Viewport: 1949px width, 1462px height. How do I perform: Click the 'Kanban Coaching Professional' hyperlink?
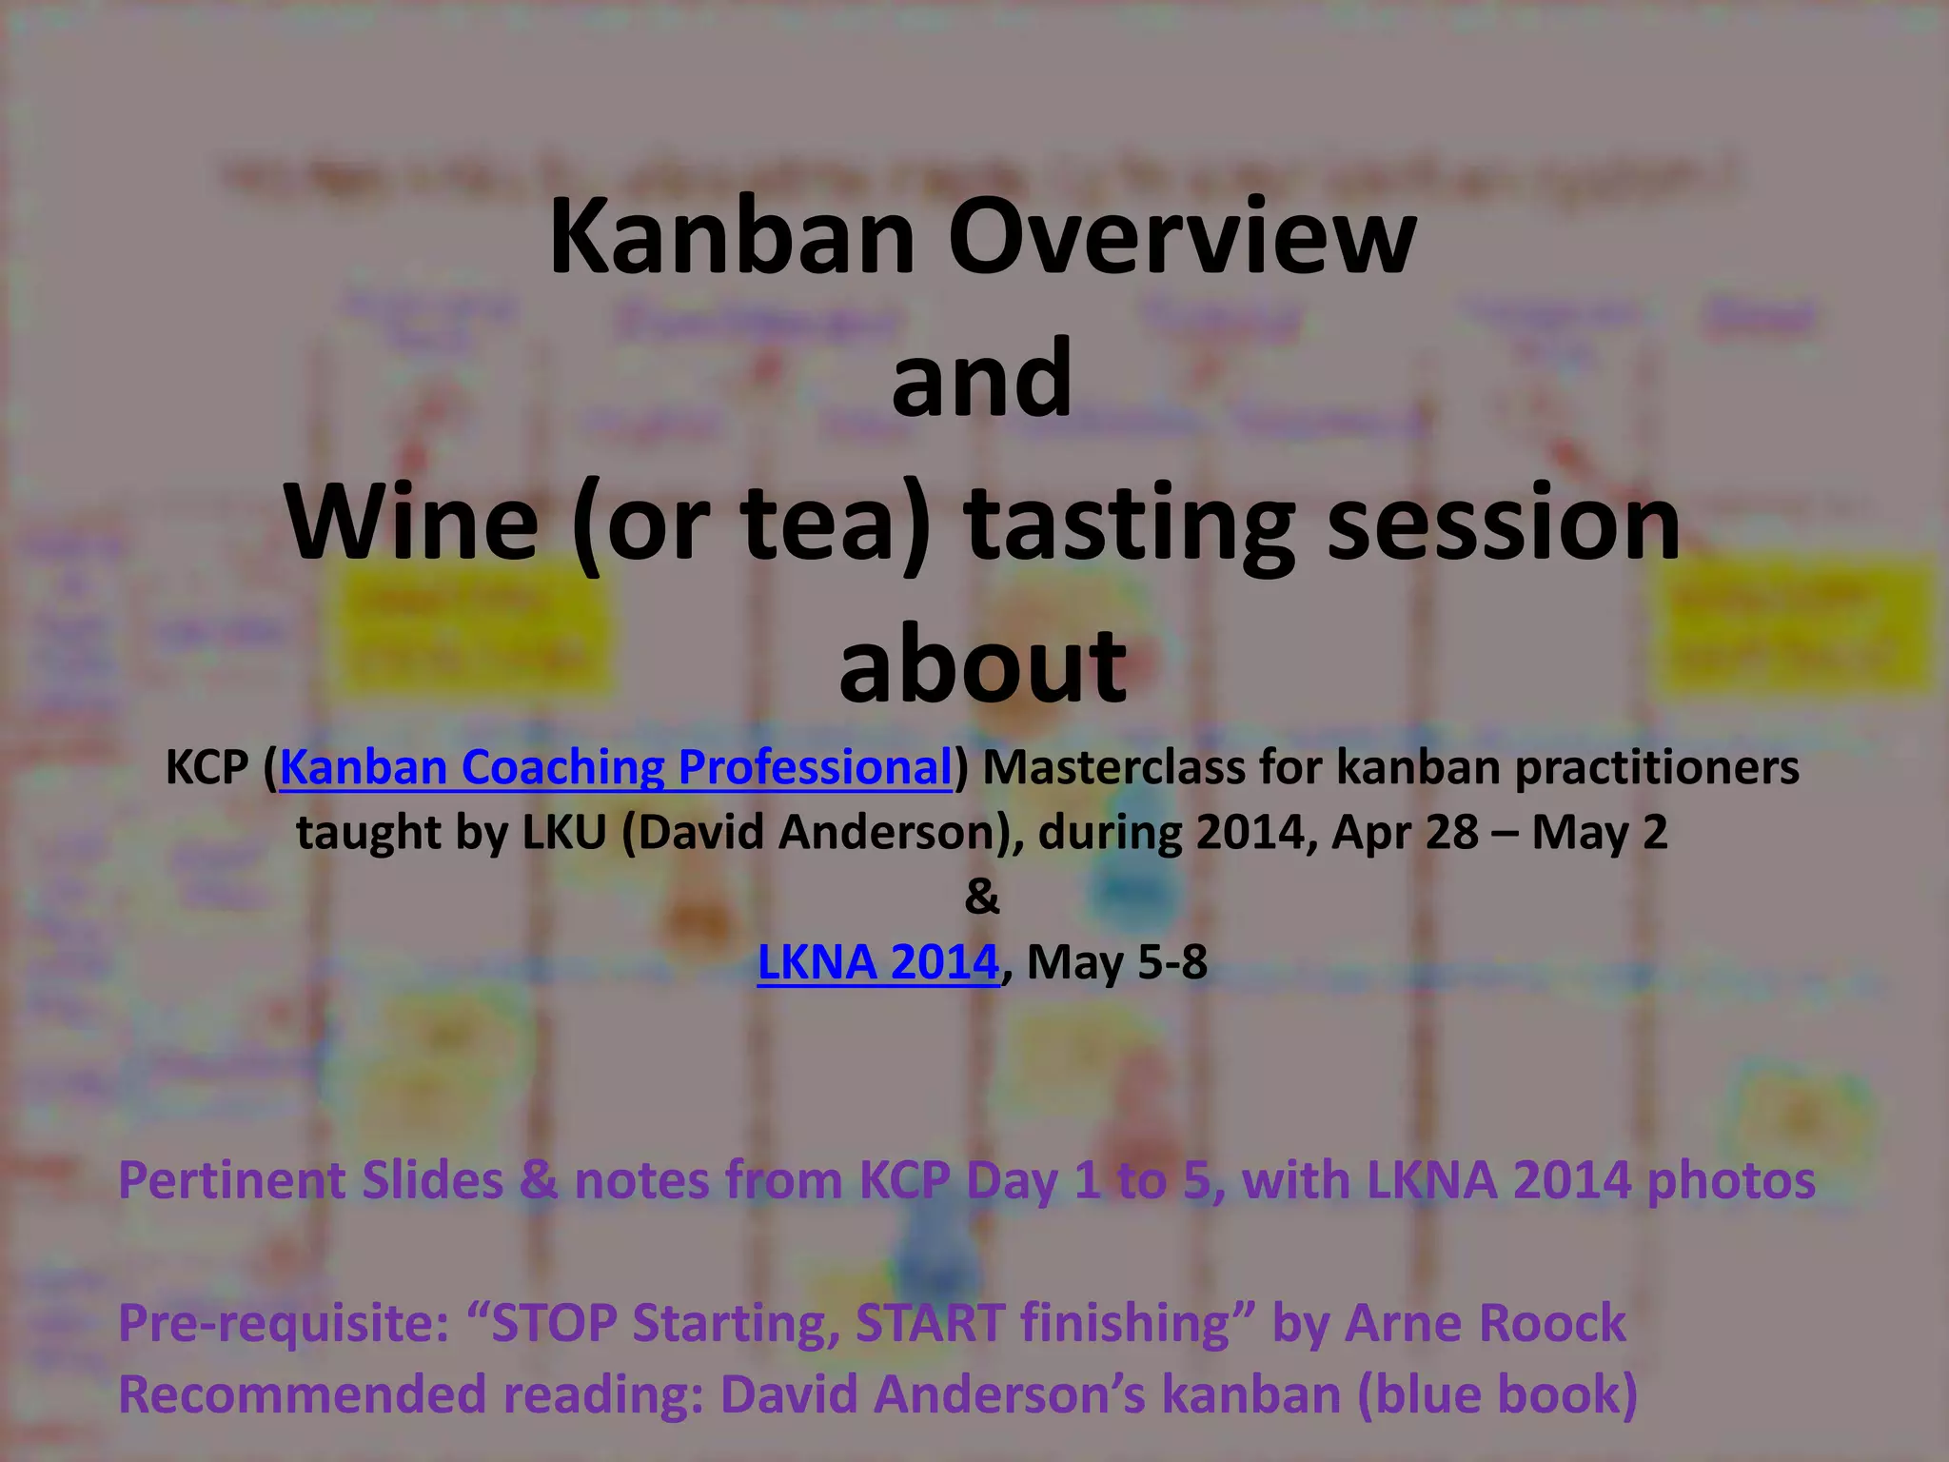point(615,767)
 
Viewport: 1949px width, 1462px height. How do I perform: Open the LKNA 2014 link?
point(877,962)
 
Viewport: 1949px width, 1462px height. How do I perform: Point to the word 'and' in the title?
point(982,379)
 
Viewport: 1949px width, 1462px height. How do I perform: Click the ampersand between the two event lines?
point(982,897)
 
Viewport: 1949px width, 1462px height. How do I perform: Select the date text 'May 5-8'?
point(1117,962)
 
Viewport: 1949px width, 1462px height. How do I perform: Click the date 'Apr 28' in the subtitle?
point(1405,833)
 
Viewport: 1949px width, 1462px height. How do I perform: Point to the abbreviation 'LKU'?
point(564,833)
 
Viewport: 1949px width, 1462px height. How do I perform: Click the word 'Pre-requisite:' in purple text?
point(284,1324)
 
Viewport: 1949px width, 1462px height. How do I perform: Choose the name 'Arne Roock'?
point(1486,1324)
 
